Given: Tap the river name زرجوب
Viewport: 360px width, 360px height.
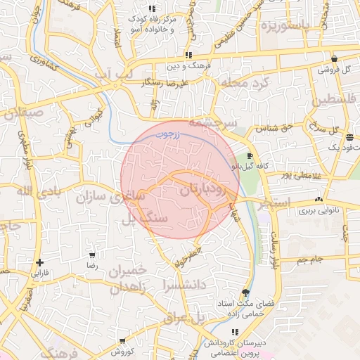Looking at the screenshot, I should [x=169, y=132].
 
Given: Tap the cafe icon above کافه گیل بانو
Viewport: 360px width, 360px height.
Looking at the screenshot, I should [x=251, y=156].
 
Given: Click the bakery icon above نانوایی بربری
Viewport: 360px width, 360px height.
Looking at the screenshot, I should [x=320, y=200].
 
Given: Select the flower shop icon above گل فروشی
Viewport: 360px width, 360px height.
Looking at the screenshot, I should [x=333, y=59].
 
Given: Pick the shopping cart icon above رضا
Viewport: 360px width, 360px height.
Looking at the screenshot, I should [x=92, y=255].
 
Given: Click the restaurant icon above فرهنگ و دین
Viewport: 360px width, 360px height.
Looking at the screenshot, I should [x=188, y=55].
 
